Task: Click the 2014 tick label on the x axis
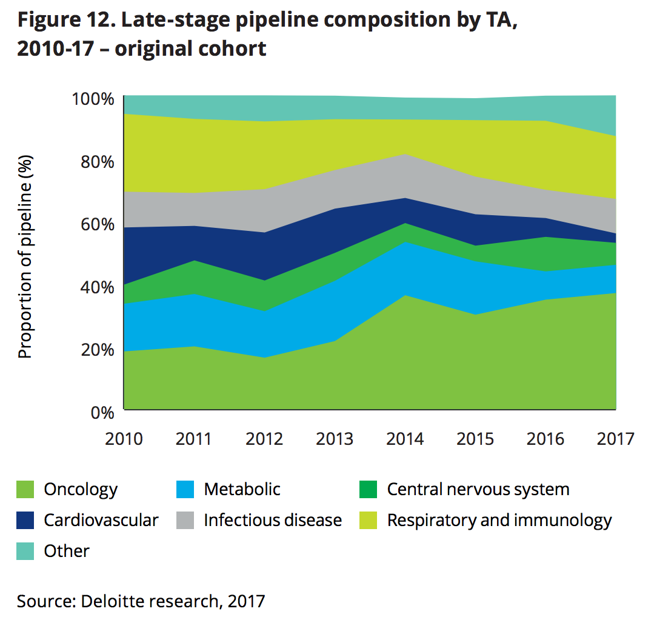tap(405, 438)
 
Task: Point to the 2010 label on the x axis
tap(124, 438)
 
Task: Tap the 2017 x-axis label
tap(615, 438)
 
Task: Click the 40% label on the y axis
tap(96, 287)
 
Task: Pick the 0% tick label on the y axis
tap(101, 413)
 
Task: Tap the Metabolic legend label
tap(242, 489)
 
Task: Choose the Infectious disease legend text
tap(273, 520)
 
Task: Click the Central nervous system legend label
tap(478, 489)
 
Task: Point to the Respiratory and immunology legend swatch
tap(369, 520)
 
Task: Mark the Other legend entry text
tap(67, 551)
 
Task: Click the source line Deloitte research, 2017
tap(141, 601)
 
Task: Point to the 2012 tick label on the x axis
tap(264, 438)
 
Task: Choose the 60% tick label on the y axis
tap(96, 225)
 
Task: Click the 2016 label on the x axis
tap(545, 438)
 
